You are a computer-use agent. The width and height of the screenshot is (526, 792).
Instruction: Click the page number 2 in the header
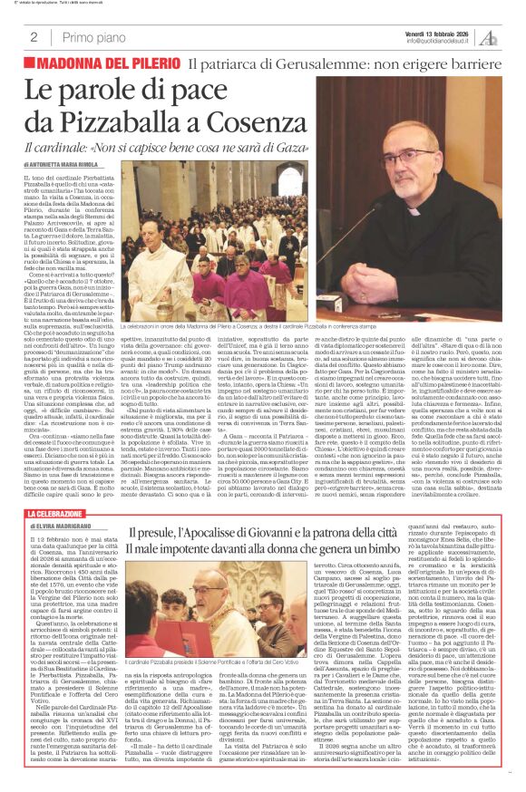click(x=33, y=37)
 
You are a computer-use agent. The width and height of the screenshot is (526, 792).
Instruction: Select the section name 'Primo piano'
click(x=91, y=37)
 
